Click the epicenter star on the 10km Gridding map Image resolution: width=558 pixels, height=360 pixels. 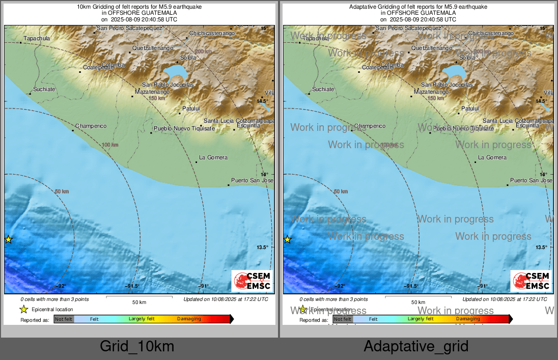[8, 239]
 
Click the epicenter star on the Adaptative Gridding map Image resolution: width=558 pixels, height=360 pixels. [287, 239]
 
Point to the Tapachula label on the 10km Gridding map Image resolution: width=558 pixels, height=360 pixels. [37, 38]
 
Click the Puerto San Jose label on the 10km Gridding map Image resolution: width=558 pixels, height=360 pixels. [253, 180]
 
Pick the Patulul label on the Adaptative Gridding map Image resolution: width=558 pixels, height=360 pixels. [470, 108]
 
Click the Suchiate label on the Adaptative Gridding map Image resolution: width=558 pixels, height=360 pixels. [323, 89]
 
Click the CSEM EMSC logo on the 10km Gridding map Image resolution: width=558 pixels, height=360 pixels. [252, 281]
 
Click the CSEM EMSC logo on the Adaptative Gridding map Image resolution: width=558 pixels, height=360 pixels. [531, 281]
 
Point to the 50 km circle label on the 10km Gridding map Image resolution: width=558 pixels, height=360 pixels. [62, 191]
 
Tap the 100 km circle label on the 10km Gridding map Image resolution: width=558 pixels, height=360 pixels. [110, 145]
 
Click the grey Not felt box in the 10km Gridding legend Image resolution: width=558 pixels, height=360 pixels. [64, 319]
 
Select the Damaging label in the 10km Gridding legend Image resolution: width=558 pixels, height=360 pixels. [189, 319]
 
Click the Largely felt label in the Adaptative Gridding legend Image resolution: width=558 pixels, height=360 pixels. [421, 319]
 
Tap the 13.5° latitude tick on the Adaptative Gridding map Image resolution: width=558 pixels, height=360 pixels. [541, 247]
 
